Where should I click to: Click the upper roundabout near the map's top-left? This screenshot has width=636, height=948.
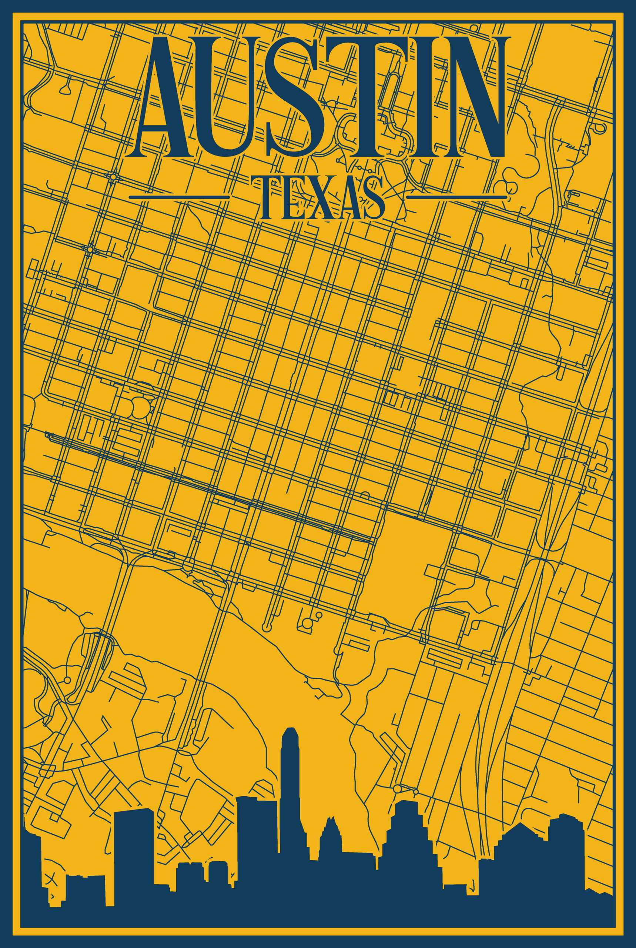pyautogui.click(x=112, y=177)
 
